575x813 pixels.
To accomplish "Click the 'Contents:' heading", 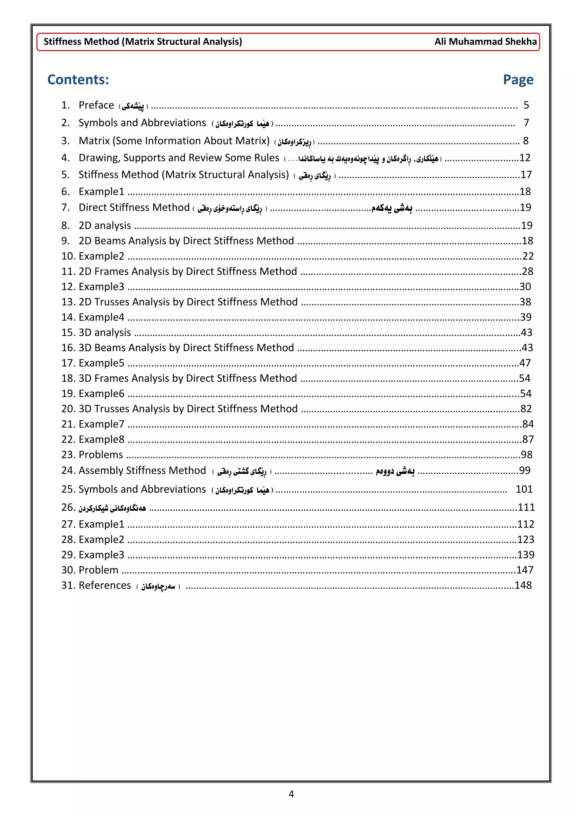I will (78, 80).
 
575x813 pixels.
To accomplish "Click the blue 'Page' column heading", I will (518, 80).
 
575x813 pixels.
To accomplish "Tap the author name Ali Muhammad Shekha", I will (485, 42).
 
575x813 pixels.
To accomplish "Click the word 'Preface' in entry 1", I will (96, 105).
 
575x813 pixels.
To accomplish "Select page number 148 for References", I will (523, 585).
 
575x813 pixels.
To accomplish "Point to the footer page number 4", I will (291, 794).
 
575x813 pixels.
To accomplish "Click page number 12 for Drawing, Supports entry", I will (525, 158).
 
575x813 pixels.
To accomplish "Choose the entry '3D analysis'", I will (104, 332).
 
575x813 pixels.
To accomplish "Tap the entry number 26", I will (68, 507).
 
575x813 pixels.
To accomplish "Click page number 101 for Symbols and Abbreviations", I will (524, 489).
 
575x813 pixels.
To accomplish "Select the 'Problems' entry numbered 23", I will (101, 455).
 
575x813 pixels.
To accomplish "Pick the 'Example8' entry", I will (101, 439).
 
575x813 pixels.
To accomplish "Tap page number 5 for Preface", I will (526, 105).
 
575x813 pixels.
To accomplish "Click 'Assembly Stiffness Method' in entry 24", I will (142, 471).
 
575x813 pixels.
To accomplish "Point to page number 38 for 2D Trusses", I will (525, 302).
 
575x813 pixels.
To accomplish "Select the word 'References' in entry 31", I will (105, 585).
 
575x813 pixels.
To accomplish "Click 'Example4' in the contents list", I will (101, 317).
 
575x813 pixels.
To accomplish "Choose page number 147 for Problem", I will (524, 570).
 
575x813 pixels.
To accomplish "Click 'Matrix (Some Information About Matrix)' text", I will (174, 141).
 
